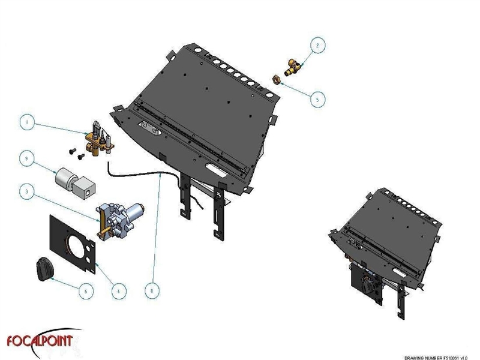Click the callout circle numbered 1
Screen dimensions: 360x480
pyautogui.click(x=26, y=122)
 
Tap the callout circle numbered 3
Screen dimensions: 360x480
pyautogui.click(x=26, y=193)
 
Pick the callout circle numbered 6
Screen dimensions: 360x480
pyautogui.click(x=87, y=290)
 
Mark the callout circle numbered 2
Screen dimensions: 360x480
pyautogui.click(x=318, y=44)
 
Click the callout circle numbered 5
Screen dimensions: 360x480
pyautogui.click(x=318, y=99)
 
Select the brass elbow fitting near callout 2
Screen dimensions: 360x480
pyautogui.click(x=293, y=67)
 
